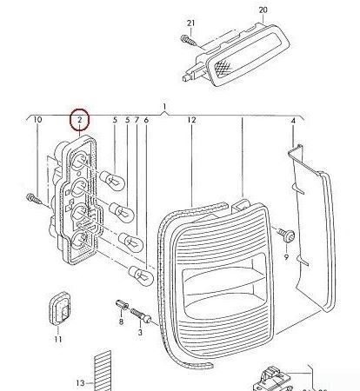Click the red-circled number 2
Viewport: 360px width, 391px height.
pos(79,119)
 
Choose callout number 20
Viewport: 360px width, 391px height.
pos(263,10)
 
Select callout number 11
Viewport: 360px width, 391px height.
pos(57,339)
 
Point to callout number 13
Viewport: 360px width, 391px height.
pos(78,382)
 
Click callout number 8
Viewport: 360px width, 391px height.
pos(121,321)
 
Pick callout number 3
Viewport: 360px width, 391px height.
pos(141,332)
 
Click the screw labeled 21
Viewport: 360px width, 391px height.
pos(186,39)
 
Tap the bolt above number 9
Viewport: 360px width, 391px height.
pos(287,235)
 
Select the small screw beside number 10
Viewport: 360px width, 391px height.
pos(31,200)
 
